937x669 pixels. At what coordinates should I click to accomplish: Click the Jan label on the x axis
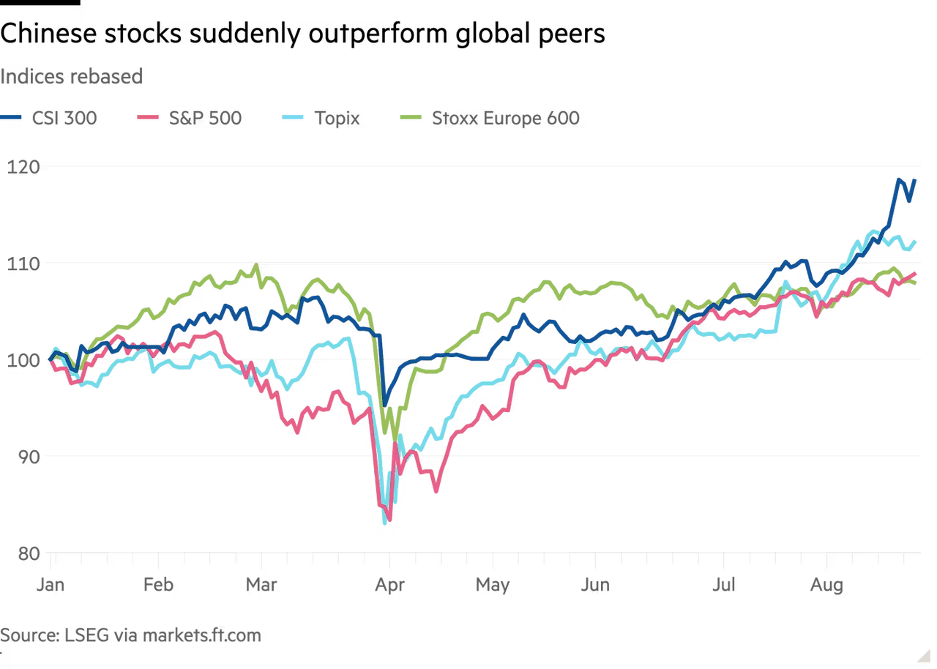point(51,586)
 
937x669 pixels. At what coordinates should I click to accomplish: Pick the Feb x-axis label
point(158,586)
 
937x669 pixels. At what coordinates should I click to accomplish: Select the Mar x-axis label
point(261,586)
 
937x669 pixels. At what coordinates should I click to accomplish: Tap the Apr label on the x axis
point(389,586)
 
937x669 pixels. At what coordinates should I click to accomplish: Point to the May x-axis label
point(493,586)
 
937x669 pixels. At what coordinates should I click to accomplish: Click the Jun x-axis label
point(595,586)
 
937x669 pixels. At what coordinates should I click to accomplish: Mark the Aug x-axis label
point(826,586)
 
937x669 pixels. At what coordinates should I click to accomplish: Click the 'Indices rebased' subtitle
point(71,76)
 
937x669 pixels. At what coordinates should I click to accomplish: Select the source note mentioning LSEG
point(130,635)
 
